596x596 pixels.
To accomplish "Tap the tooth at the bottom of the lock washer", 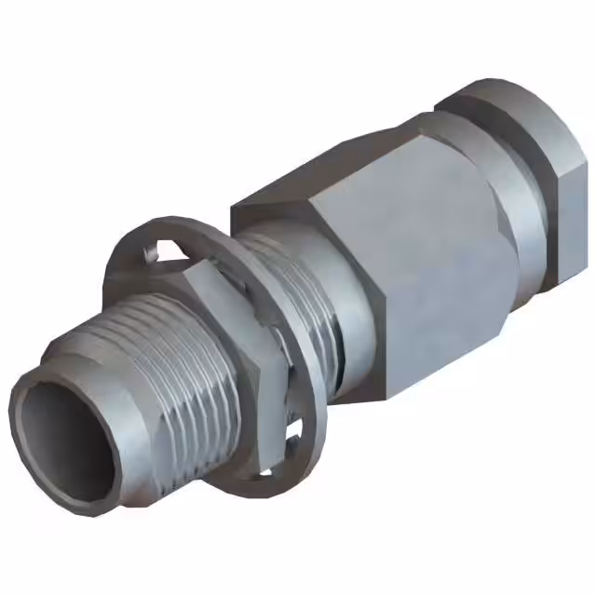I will pyautogui.click(x=296, y=430).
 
